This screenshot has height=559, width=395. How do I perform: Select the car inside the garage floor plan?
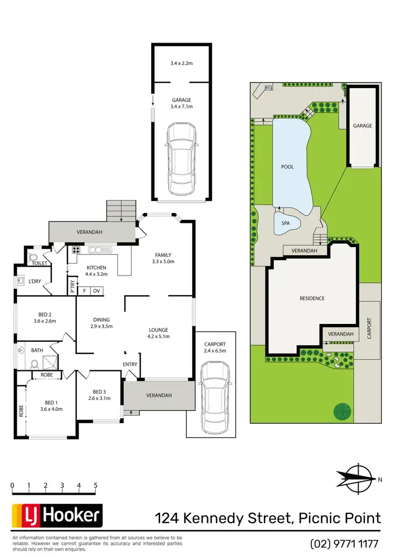point(181,160)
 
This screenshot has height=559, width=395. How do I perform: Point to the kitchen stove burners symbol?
point(75,251)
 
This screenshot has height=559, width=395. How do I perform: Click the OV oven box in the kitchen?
point(96,291)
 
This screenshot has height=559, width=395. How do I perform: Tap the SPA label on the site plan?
point(284,223)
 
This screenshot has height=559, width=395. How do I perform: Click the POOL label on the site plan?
point(287,167)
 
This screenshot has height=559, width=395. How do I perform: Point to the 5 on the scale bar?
point(95,485)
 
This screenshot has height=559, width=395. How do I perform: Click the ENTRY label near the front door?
point(130,364)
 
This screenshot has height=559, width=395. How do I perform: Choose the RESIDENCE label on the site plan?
point(312,298)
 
